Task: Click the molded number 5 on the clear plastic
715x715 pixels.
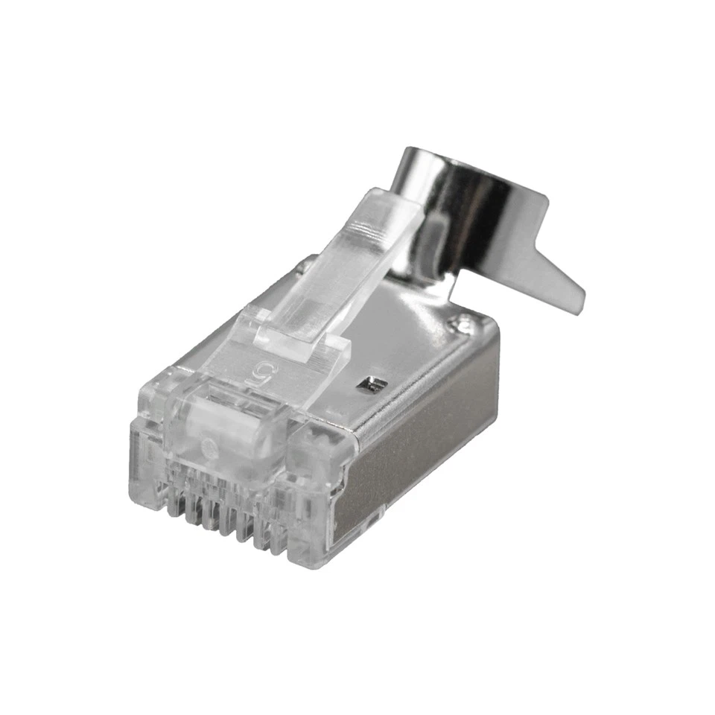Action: [x=262, y=369]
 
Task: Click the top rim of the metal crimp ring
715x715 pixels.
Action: [x=462, y=153]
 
